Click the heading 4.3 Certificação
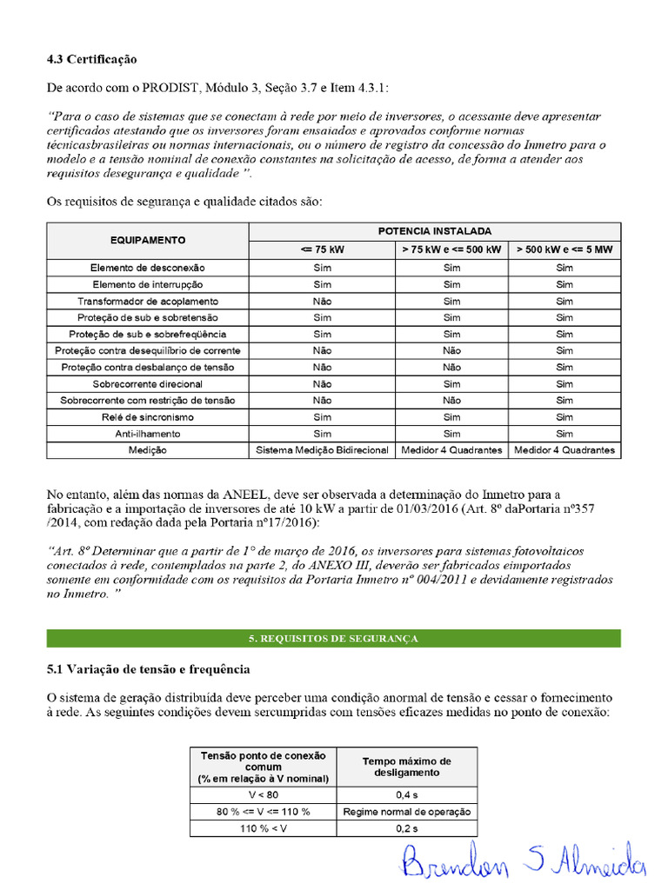pos(91,59)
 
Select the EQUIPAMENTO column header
pos(148,240)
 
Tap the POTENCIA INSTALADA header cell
pos(435,231)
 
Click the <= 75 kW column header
pos(322,249)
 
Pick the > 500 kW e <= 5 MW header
pos(564,249)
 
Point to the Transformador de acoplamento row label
pos(148,301)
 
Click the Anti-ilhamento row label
pos(148,434)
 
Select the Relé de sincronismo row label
pos(148,417)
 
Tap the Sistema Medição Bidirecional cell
pos(322,450)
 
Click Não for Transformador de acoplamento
pos(322,301)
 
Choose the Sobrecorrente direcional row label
pos(148,384)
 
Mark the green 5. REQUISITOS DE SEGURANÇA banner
pos(333,639)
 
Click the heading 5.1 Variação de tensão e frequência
pos(148,670)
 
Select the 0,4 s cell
pos(407,795)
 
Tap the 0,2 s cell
pos(407,828)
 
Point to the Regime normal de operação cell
pos(407,812)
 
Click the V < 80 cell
pos(263,795)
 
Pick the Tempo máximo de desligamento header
pos(407,767)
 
